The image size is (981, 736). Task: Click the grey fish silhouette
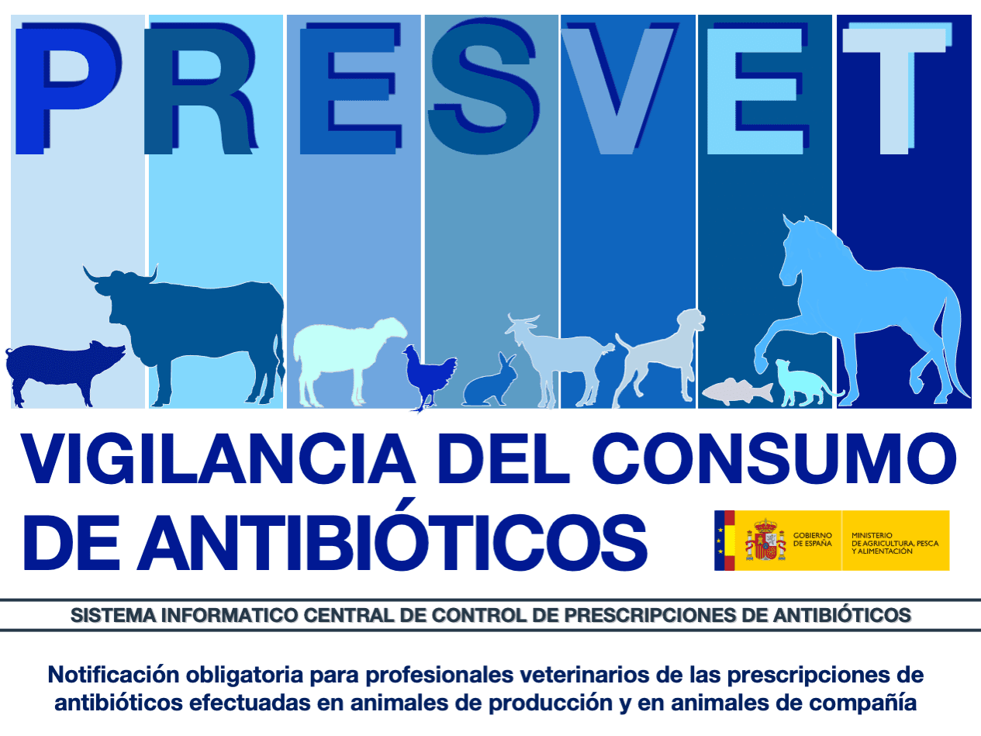[737, 392]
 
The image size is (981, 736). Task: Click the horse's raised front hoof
[761, 365]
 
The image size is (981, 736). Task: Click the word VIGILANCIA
[218, 459]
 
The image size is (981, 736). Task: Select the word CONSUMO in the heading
[774, 459]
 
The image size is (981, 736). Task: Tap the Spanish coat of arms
[765, 539]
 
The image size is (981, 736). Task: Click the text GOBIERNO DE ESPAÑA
[813, 539]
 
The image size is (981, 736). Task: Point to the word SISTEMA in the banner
[113, 616]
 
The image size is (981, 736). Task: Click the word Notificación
[114, 674]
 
